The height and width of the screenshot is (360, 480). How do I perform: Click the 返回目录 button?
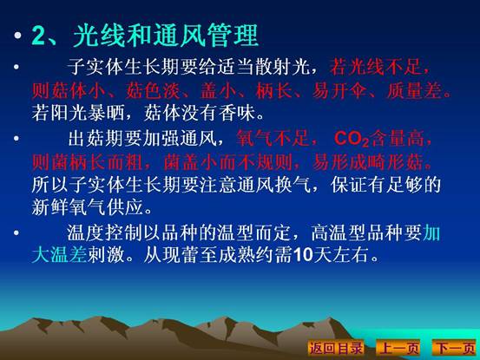point(336,348)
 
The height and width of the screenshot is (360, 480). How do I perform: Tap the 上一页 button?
point(398,348)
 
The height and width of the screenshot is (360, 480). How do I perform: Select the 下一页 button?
point(455,348)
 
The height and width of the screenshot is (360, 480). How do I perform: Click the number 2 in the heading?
point(38,36)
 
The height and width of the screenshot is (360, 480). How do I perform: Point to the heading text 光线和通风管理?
point(166,36)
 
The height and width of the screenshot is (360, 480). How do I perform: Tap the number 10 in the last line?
point(303,255)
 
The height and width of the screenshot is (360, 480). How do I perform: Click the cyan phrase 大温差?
point(59,254)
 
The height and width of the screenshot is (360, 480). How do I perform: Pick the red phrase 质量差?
point(415,90)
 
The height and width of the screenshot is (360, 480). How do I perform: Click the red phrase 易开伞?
point(339,90)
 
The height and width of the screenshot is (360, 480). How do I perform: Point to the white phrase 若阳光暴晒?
point(78,113)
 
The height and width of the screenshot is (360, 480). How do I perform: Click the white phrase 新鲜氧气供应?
point(88,207)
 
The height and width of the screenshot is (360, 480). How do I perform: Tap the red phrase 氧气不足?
point(273,138)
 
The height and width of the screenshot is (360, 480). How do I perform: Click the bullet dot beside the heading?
point(17,36)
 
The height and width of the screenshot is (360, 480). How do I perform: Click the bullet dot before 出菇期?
point(16,139)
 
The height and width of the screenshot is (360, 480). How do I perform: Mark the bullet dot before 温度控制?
point(16,232)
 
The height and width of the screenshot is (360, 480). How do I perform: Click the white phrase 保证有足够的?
point(385,185)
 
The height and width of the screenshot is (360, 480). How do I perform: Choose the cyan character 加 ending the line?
point(431,232)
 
